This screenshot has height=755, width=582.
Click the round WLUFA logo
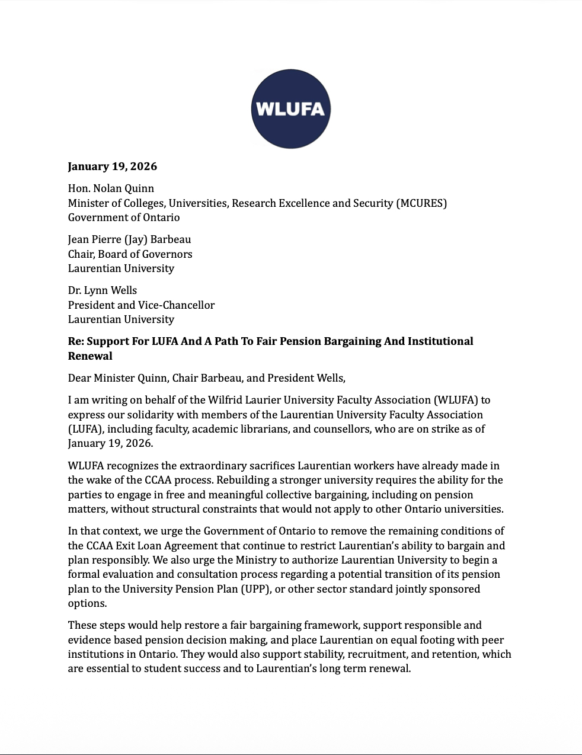click(x=290, y=109)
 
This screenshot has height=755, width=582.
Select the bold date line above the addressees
click(x=113, y=167)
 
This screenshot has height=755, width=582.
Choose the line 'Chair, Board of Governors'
click(x=130, y=254)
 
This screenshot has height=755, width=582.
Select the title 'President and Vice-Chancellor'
click(x=141, y=305)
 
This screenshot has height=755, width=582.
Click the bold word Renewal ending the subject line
click(x=90, y=356)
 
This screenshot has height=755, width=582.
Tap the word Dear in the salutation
click(x=79, y=378)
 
